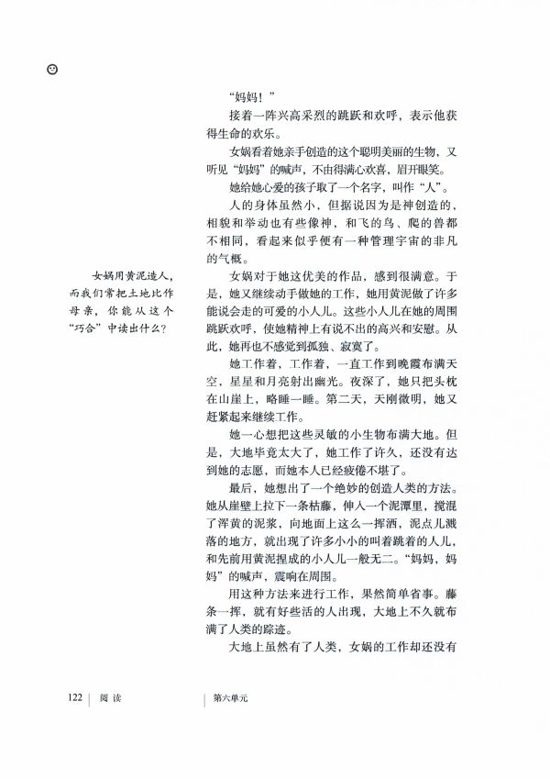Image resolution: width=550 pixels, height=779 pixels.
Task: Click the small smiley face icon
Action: [52, 68]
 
